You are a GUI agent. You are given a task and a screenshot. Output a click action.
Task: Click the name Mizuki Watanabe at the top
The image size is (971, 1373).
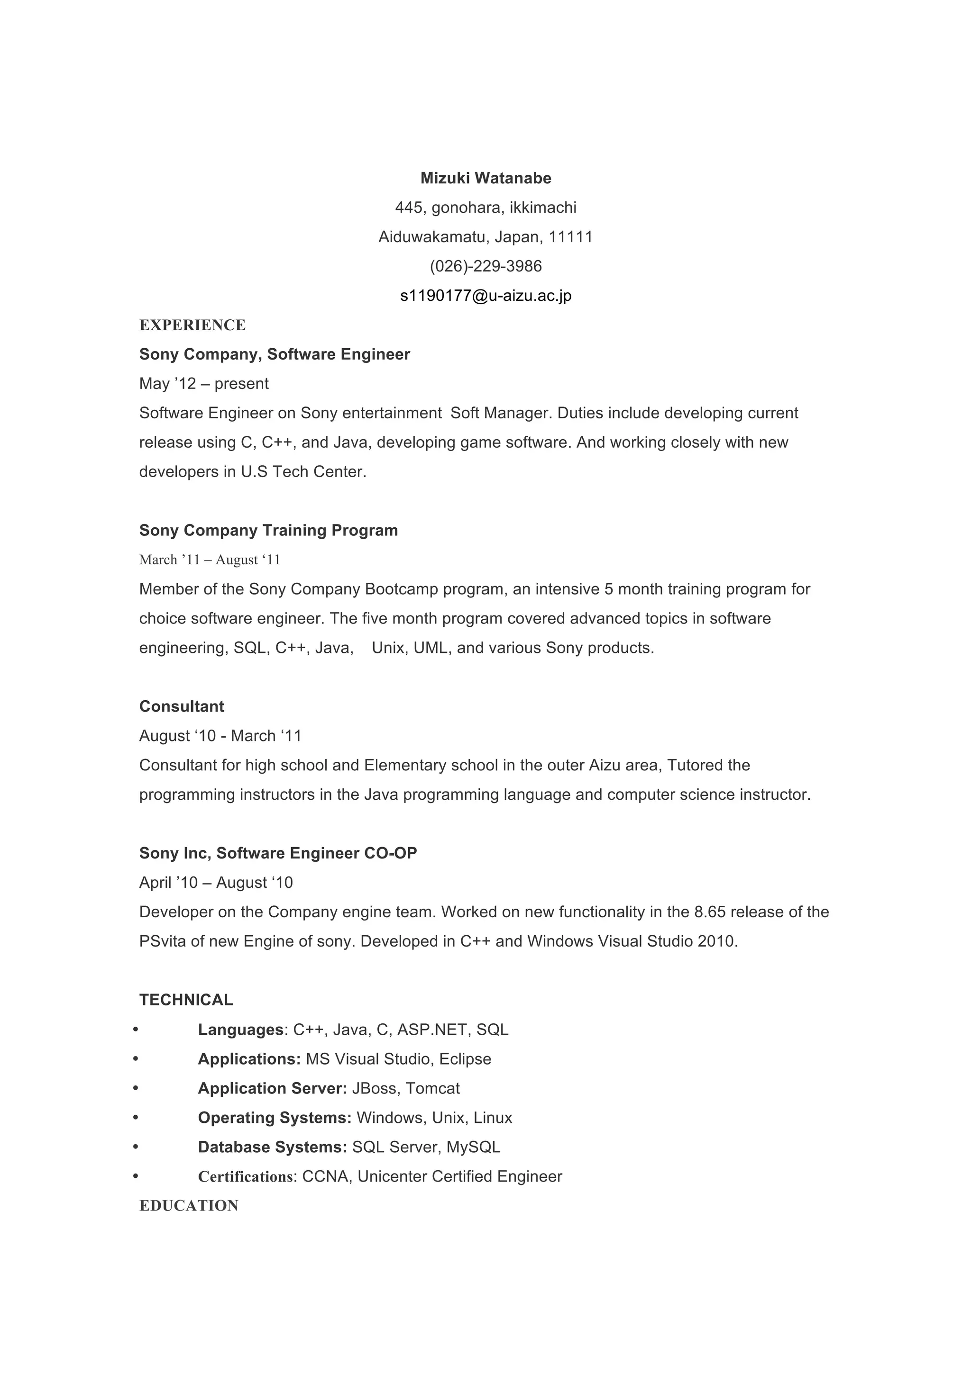click(x=486, y=178)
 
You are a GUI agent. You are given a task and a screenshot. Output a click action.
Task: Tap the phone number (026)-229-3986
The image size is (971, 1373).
click(x=486, y=266)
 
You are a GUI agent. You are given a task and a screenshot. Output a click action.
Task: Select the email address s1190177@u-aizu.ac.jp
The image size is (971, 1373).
click(x=486, y=296)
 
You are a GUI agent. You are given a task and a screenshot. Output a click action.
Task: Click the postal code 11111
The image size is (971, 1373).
click(x=571, y=237)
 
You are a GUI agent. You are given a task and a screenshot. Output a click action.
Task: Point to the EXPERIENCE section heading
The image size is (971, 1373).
click(x=192, y=325)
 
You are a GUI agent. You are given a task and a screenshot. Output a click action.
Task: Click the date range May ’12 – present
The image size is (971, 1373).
click(x=204, y=384)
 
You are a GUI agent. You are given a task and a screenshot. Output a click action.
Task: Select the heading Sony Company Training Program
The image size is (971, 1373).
click(x=269, y=531)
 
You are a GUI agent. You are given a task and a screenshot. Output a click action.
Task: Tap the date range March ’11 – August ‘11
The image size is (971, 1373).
click(x=210, y=560)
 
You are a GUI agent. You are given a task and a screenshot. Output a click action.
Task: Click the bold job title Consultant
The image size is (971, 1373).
click(x=182, y=707)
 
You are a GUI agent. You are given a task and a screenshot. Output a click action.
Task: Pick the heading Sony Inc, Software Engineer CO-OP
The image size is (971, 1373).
click(x=278, y=853)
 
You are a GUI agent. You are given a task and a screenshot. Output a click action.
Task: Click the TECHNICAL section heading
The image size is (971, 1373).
click(x=186, y=1000)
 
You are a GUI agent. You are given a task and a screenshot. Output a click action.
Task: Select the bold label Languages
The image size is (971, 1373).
click(x=240, y=1030)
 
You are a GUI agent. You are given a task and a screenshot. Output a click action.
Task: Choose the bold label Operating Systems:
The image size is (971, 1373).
click(x=275, y=1118)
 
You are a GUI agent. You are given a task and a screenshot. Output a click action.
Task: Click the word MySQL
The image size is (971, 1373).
click(x=473, y=1147)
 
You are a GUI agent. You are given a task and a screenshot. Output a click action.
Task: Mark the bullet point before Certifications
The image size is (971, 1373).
click(x=136, y=1175)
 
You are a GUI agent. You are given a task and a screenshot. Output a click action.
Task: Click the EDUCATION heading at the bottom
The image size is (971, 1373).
click(x=189, y=1206)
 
